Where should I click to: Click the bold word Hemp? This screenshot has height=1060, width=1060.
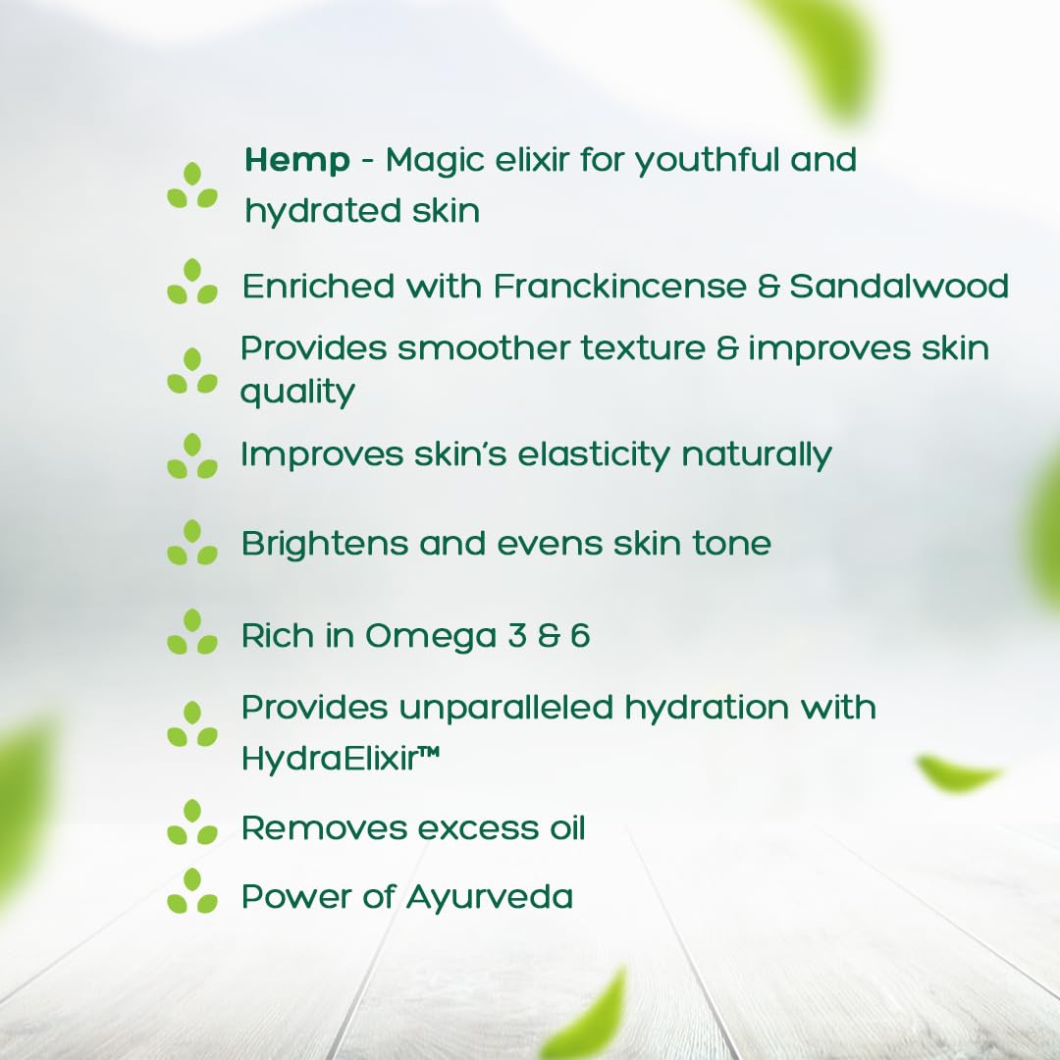(296, 161)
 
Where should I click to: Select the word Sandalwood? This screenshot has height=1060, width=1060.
(899, 287)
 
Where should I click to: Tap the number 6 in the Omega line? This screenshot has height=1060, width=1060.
(580, 636)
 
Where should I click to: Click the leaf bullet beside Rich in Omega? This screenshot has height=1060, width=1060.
(192, 632)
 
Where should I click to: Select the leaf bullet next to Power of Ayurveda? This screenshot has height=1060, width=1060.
(192, 891)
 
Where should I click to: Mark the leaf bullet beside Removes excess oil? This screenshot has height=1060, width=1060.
(192, 822)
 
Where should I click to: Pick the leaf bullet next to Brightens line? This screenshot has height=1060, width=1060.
(192, 543)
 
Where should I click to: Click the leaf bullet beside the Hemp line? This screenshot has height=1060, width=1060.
(192, 185)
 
